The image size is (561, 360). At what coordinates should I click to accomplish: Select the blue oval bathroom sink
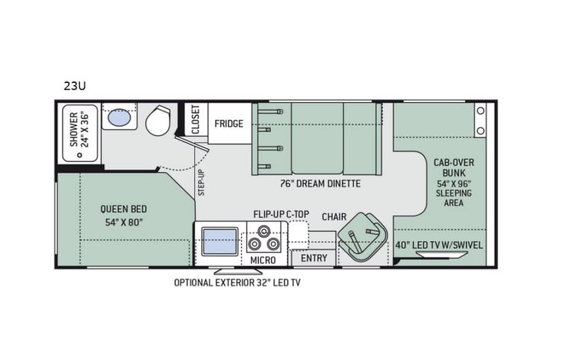pos(119,117)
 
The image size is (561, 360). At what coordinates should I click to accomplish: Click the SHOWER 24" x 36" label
pos(79,130)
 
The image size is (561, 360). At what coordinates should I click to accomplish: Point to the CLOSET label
pos(195,121)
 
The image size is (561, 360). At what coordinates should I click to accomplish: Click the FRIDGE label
pos(228,124)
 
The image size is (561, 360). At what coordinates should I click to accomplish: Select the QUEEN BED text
pos(123,209)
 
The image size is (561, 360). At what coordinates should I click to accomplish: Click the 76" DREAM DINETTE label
pos(320,184)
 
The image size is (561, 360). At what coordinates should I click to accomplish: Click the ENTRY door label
pos(313,258)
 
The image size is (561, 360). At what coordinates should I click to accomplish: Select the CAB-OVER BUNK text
pos(452,167)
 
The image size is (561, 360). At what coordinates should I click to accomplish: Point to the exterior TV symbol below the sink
pos(229,271)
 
